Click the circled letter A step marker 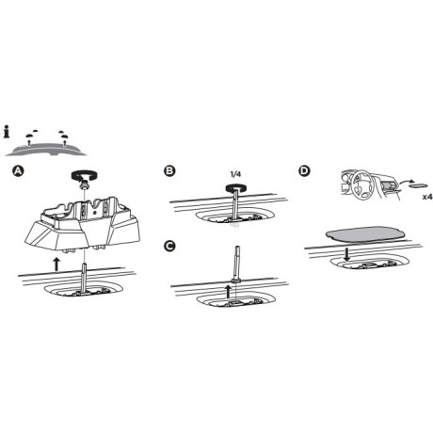click(x=16, y=171)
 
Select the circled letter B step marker click(x=168, y=171)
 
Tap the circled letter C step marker click(x=168, y=247)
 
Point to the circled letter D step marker click(x=304, y=171)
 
